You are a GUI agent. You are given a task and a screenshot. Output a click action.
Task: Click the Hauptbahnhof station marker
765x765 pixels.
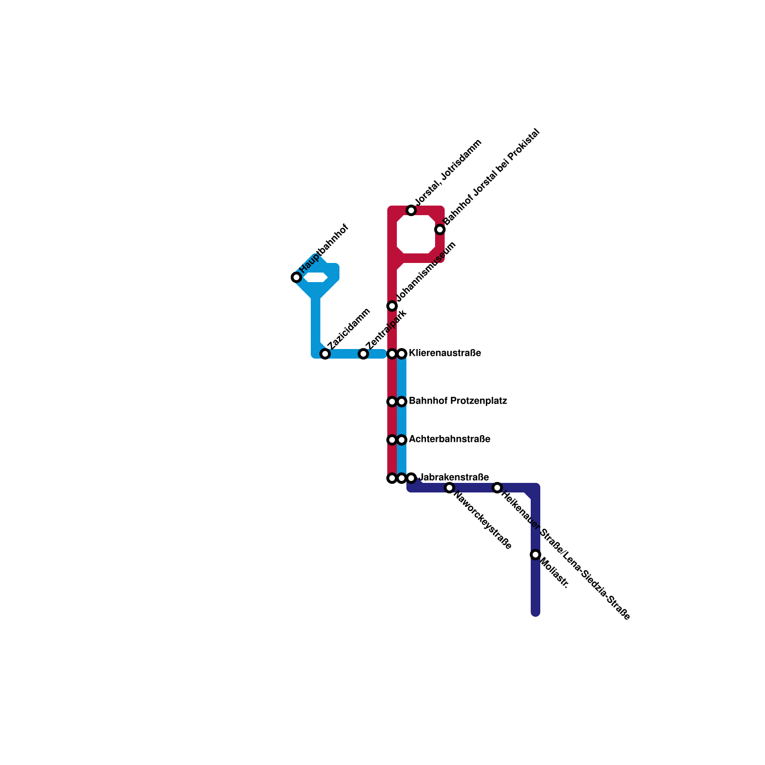(296, 277)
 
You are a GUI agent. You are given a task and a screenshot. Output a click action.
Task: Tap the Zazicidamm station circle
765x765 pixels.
(325, 354)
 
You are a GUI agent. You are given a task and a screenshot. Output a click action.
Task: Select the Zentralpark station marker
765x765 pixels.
(363, 354)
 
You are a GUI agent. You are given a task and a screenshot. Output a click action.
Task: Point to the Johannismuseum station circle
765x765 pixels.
(392, 306)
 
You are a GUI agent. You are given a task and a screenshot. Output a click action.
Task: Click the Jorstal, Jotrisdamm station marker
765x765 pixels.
(411, 210)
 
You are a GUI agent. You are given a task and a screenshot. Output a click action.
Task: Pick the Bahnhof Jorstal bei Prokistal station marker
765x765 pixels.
(440, 229)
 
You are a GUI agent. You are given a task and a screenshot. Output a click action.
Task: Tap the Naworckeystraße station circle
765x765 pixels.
(449, 488)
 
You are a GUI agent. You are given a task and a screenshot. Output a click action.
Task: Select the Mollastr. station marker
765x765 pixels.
(535, 555)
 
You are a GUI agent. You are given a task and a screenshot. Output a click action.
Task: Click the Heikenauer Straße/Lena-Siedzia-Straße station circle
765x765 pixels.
(497, 488)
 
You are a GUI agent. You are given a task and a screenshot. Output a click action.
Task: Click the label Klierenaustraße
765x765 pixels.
(445, 353)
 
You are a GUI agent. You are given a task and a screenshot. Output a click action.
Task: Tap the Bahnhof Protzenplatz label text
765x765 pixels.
(458, 401)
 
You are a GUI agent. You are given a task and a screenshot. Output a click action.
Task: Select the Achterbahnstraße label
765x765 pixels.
(449, 439)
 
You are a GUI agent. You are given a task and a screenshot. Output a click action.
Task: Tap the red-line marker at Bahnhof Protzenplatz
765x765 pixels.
(392, 402)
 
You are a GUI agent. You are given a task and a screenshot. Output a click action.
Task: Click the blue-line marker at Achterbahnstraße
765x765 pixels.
(402, 440)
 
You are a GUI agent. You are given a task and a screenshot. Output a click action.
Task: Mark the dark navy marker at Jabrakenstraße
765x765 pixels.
(411, 478)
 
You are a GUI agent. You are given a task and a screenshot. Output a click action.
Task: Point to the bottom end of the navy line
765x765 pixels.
(535, 612)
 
